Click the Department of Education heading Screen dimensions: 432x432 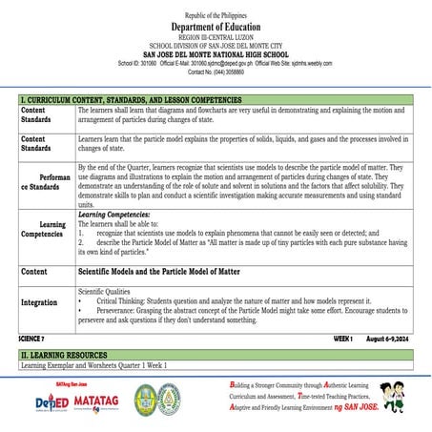216,28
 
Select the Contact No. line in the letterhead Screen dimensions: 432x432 216,72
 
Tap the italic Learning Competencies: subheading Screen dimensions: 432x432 114,216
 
